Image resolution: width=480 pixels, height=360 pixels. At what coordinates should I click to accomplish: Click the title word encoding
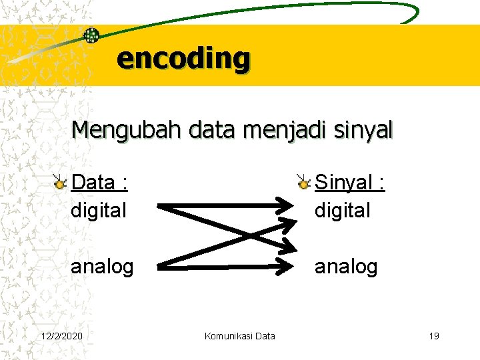click(x=183, y=59)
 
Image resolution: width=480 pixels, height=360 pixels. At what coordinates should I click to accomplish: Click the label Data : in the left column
click(x=99, y=182)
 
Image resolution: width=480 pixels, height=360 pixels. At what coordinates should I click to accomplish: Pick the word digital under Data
click(x=98, y=211)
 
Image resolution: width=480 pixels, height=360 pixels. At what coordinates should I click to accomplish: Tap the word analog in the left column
click(x=102, y=267)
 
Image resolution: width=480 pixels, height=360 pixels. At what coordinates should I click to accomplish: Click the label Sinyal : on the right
click(x=349, y=182)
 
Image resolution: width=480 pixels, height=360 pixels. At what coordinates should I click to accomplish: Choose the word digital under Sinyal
click(x=342, y=211)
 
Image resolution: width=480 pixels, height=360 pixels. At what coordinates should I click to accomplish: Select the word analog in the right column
click(x=346, y=267)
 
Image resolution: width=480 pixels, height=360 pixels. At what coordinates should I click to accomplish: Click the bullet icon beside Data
click(x=61, y=182)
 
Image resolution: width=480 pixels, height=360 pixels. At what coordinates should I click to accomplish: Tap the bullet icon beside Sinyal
click(x=304, y=182)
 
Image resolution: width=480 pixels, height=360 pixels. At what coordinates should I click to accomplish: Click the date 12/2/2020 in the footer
click(x=62, y=336)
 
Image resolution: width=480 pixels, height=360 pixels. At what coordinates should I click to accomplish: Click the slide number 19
click(x=434, y=336)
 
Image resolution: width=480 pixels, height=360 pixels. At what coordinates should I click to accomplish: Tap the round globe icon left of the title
click(x=91, y=35)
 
